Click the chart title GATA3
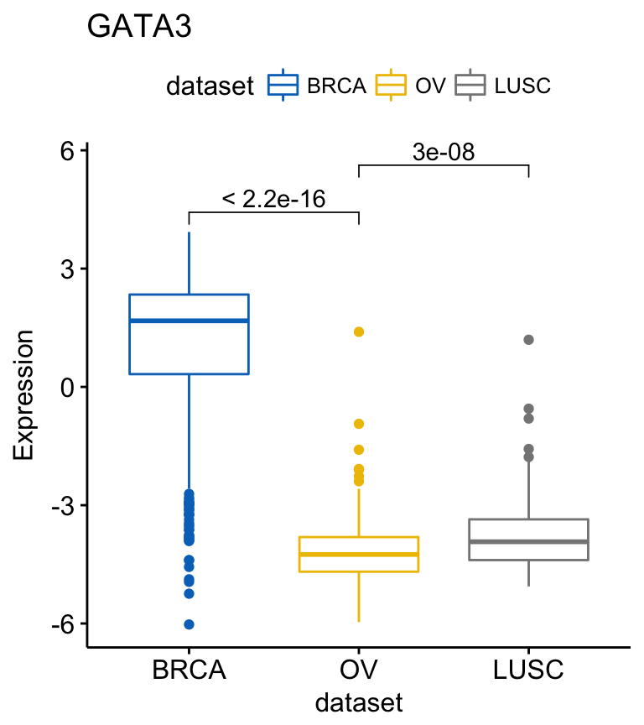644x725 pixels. (x=139, y=27)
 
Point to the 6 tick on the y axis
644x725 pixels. (x=66, y=151)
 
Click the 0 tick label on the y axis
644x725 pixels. (x=66, y=388)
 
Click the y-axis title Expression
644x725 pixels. (x=24, y=394)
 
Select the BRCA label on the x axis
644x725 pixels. (x=189, y=671)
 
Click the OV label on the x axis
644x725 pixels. (x=359, y=671)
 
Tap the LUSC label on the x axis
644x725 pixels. (x=528, y=671)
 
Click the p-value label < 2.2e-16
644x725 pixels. (x=273, y=199)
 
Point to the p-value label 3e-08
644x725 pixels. (x=444, y=153)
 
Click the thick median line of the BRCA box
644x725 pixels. (x=189, y=321)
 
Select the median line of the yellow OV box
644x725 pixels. (x=359, y=554)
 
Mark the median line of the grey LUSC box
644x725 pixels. (x=528, y=541)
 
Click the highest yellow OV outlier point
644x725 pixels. (x=359, y=332)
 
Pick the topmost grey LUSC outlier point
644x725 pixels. (x=528, y=340)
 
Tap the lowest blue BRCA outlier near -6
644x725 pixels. (x=189, y=624)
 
